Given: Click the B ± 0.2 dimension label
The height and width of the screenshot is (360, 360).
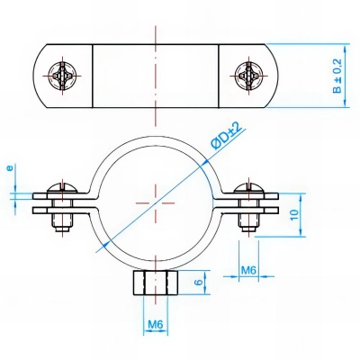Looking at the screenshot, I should tap(337, 77).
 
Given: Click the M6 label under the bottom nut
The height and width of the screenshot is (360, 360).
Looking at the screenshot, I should tap(154, 325).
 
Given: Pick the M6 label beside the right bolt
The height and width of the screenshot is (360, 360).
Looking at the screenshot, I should tap(253, 267).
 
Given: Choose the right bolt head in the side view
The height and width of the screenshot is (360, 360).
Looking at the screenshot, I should tap(246, 189).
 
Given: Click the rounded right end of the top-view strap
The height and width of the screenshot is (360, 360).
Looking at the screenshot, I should tap(269, 75).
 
